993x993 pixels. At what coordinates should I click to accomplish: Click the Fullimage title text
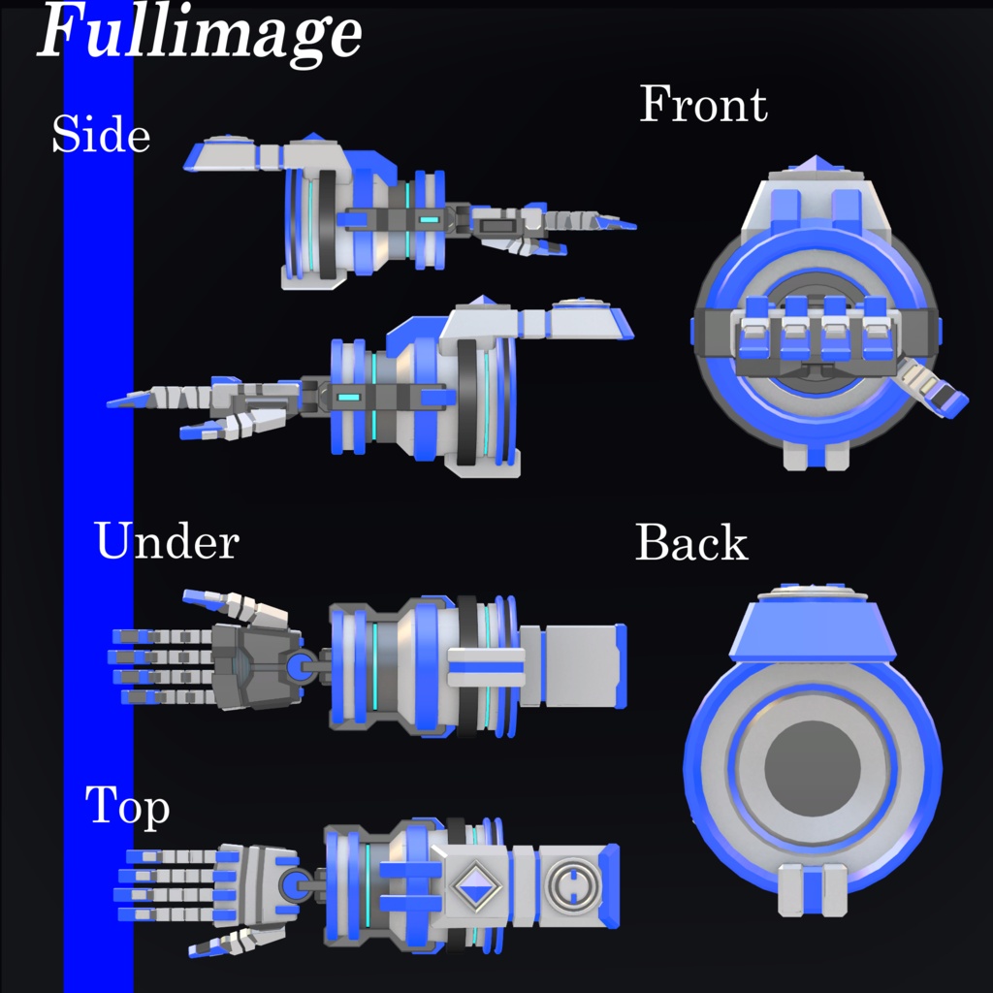coord(200,33)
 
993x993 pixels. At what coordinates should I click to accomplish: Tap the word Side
coord(101,135)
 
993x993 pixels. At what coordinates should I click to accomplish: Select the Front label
coord(703,105)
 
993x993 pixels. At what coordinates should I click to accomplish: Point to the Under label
coord(166,541)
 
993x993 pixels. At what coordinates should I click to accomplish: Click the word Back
coord(691,544)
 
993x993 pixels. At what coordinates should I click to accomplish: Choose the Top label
coord(127,807)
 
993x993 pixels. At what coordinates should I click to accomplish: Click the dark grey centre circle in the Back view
coord(813,768)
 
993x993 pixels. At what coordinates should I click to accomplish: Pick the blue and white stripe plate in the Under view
coord(486,667)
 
